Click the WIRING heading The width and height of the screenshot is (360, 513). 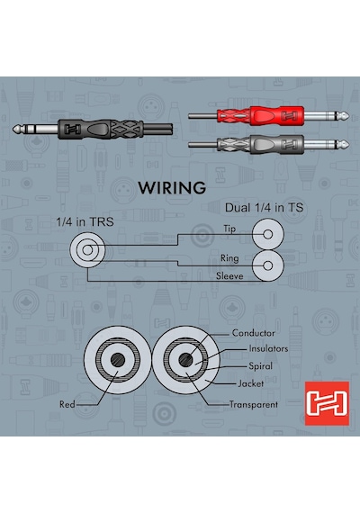pyautogui.click(x=172, y=188)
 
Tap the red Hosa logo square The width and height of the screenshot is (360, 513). pyautogui.click(x=327, y=403)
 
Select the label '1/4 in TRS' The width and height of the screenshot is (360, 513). pyautogui.click(x=85, y=221)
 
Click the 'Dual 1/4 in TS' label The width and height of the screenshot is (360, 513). pyautogui.click(x=264, y=207)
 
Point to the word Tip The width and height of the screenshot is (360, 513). pyautogui.click(x=229, y=229)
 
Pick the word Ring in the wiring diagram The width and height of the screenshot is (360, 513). pyautogui.click(x=229, y=258)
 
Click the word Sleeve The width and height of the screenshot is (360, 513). pyautogui.click(x=229, y=275)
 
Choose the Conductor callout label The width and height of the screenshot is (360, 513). pyautogui.click(x=253, y=333)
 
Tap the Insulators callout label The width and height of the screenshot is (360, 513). pyautogui.click(x=268, y=348)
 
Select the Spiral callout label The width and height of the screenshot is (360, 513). pyautogui.click(x=260, y=365)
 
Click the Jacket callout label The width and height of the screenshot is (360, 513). pyautogui.click(x=251, y=383)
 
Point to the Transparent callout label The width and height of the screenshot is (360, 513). pyautogui.click(x=254, y=404)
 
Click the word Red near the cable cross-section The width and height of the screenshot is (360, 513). pyautogui.click(x=67, y=404)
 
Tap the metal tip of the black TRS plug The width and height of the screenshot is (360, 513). pyautogui.click(x=17, y=129)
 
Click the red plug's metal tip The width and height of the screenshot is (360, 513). pyautogui.click(x=344, y=115)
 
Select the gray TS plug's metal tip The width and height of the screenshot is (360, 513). pyautogui.click(x=344, y=144)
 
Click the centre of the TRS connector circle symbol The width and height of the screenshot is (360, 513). pyautogui.click(x=87, y=250)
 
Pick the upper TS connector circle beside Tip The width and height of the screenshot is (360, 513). pyautogui.click(x=268, y=234)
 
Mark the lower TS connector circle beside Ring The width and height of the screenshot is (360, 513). pyautogui.click(x=268, y=265)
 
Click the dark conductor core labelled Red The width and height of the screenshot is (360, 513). pyautogui.click(x=118, y=360)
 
